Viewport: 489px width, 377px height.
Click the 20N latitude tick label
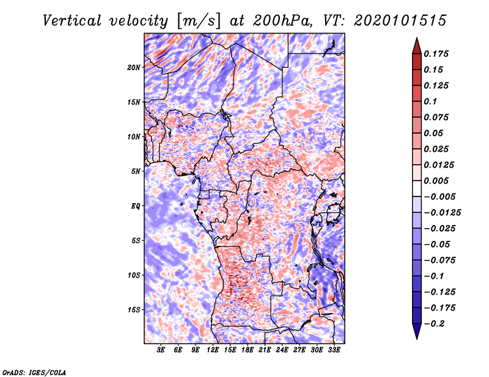(x=134, y=67)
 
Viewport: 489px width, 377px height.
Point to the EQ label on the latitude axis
(x=136, y=206)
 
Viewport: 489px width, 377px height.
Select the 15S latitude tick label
(x=134, y=309)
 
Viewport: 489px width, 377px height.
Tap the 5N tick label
(x=136, y=171)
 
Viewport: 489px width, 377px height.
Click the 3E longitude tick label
(x=161, y=350)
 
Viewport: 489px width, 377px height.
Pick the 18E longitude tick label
(x=248, y=350)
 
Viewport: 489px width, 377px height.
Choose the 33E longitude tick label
(x=334, y=350)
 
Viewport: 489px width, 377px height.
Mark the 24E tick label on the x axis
(x=282, y=350)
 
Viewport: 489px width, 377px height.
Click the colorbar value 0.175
(x=438, y=54)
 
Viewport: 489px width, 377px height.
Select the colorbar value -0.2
(x=437, y=323)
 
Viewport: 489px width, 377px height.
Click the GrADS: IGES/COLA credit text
(x=34, y=372)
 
